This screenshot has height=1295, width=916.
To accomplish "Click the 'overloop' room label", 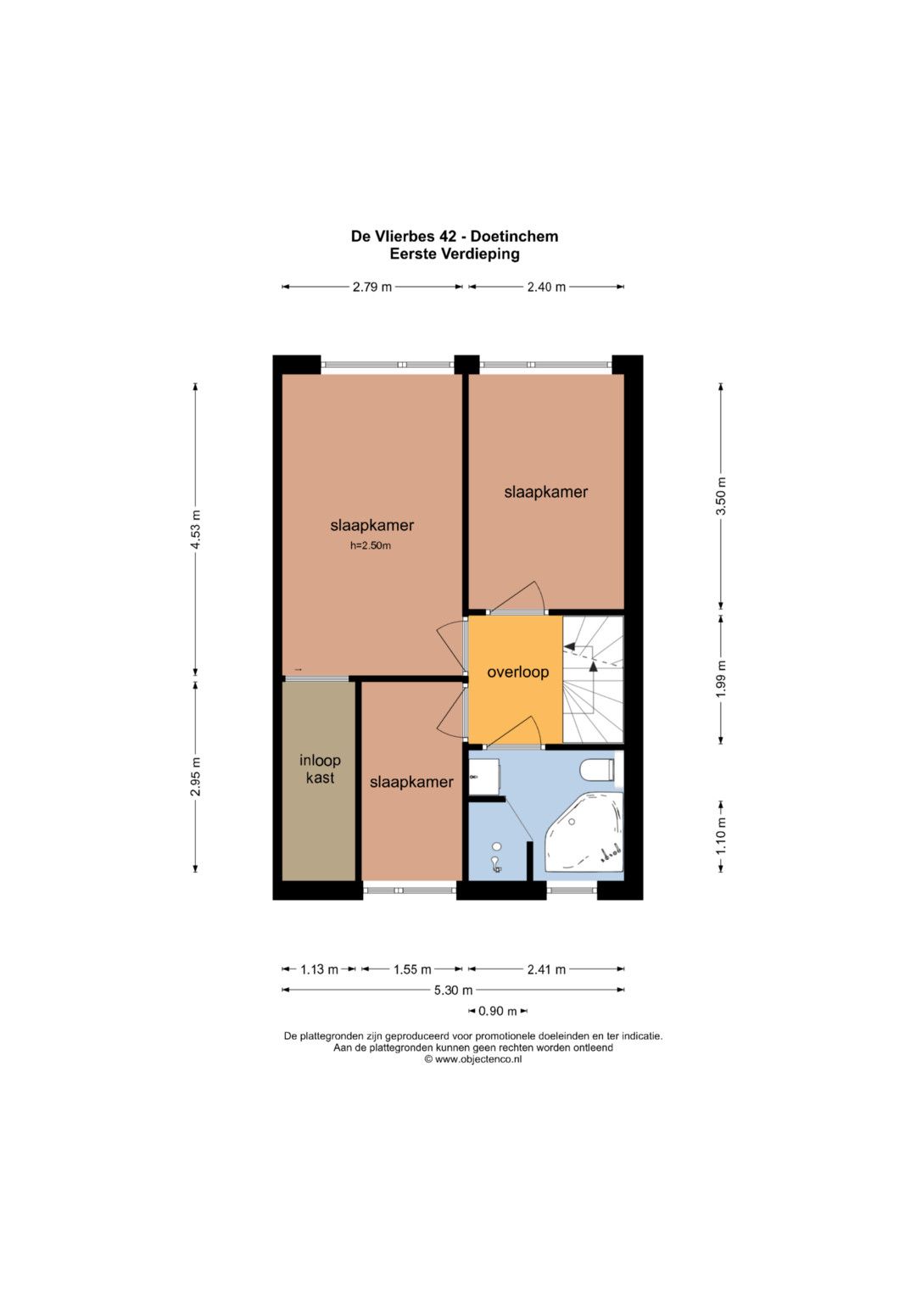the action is (517, 673).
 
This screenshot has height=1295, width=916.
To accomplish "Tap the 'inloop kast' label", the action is (320, 769).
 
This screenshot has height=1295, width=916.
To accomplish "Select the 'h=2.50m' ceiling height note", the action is (371, 545).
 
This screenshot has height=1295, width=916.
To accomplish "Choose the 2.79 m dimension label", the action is (371, 287).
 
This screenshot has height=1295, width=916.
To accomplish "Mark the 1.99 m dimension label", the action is (721, 678).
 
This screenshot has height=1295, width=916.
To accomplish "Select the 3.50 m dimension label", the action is (721, 496).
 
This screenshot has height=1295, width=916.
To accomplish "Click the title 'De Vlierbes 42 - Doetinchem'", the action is (455, 237).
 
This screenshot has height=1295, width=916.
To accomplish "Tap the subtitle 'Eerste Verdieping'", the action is (455, 254).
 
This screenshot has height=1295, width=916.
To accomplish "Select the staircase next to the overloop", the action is (594, 679).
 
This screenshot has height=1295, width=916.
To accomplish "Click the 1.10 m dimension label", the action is (721, 836).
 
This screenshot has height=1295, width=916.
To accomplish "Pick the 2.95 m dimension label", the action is (195, 777).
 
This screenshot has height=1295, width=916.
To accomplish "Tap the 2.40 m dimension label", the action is (546, 287).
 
